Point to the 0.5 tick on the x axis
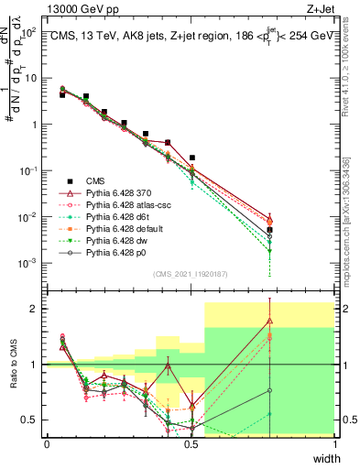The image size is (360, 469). [x=191, y=444]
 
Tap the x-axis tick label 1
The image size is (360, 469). [x=334, y=444]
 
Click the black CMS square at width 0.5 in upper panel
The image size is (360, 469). [x=191, y=158]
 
